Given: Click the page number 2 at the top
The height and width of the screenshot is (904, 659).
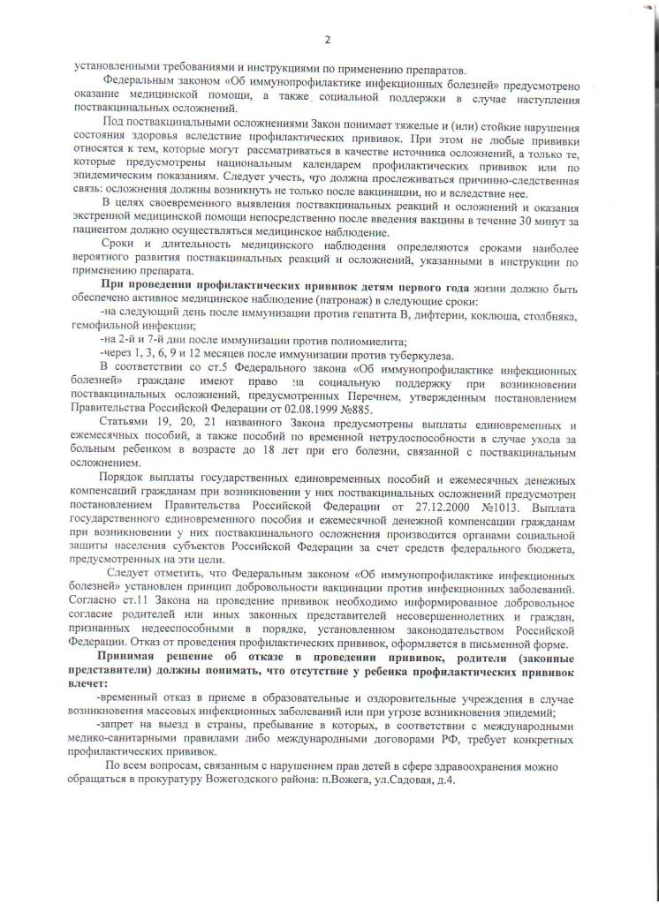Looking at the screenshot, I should [x=327, y=40].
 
